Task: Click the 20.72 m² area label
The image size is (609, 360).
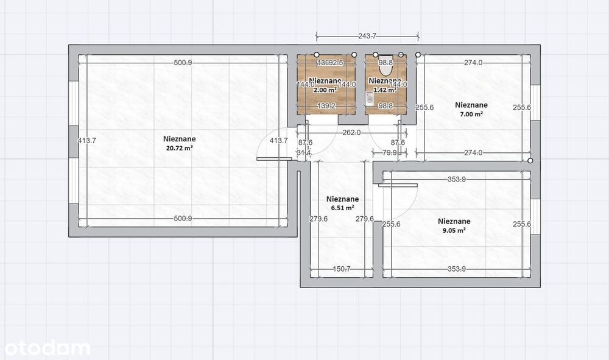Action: [x=178, y=147]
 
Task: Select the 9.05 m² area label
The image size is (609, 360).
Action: [x=454, y=230]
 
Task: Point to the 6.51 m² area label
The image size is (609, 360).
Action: [x=342, y=208]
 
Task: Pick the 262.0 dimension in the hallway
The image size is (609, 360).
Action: [x=352, y=133]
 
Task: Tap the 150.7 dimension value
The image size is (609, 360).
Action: [x=342, y=269]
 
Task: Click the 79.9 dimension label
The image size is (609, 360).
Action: [x=390, y=153]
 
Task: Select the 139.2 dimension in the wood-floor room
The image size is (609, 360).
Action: [x=327, y=106]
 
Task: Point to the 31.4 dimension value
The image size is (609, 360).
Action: [x=303, y=152]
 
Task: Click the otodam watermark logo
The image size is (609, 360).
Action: [x=47, y=348]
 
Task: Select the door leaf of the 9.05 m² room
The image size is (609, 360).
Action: [x=397, y=185]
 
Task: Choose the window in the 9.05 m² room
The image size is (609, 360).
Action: [x=535, y=217]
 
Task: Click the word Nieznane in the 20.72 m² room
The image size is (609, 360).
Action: [x=178, y=139]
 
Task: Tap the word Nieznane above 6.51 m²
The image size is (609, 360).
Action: [x=342, y=199]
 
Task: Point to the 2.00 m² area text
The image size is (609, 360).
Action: [x=325, y=90]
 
